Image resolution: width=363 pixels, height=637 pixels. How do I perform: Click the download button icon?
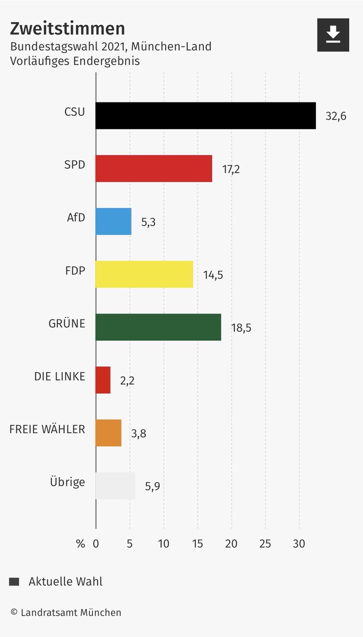333,35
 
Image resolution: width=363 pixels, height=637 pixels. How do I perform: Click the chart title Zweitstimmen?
67,28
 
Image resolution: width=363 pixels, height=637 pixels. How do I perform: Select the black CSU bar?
205,116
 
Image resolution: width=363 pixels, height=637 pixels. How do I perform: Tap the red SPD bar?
154,169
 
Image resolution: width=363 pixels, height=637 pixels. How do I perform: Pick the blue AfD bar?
113,221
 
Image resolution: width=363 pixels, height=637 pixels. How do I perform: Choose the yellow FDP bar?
144,274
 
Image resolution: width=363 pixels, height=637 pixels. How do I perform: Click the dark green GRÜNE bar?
158,327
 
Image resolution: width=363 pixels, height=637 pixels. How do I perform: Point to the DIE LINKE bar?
103,380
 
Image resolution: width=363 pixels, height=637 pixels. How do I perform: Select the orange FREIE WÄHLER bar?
108,433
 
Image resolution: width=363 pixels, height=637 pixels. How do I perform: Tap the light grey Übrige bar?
115,486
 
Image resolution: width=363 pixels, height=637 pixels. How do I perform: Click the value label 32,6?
336,116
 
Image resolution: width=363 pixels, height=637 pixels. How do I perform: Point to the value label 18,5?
241,328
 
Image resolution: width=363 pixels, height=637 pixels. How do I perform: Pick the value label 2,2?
127,381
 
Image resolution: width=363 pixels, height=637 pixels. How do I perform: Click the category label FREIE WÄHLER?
47,429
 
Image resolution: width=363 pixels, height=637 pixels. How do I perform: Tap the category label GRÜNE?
67,323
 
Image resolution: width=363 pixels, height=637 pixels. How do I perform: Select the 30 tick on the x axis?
299,544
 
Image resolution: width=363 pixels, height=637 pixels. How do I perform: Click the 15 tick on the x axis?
197,544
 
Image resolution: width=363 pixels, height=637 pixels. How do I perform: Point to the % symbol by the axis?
80,544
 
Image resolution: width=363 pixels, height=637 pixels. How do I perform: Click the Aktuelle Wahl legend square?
14,582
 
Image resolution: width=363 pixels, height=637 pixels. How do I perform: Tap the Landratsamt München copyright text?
66,613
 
